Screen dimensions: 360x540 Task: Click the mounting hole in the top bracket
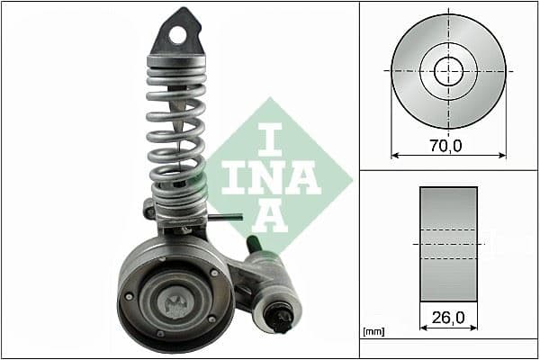tap(178, 35)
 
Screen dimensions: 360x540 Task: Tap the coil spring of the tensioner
tap(176, 135)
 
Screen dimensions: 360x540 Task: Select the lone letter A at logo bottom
tap(271, 216)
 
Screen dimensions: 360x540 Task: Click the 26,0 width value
tap(447, 318)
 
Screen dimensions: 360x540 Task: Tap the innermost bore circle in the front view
tap(448, 70)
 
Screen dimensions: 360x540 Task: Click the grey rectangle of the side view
tap(448, 243)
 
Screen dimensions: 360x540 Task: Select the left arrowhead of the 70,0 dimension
tap(393, 155)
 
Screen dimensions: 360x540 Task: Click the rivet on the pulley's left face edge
tap(130, 295)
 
